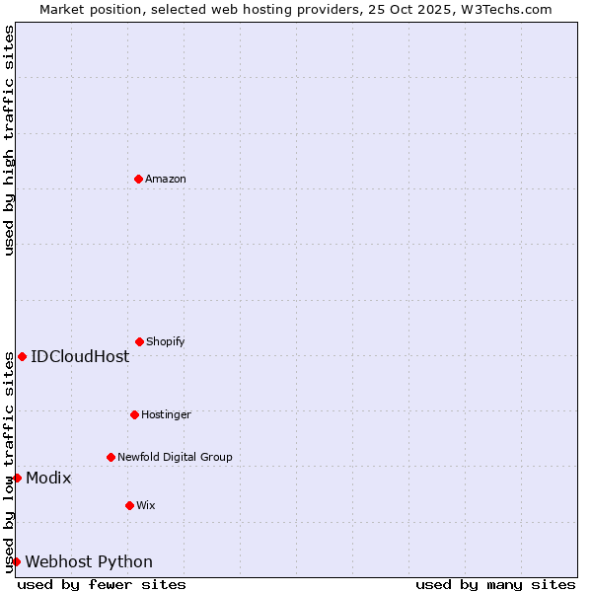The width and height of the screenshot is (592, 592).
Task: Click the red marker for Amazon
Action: (x=138, y=179)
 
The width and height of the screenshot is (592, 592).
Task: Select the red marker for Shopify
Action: (x=139, y=341)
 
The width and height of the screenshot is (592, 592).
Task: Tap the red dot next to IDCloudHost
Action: (x=22, y=356)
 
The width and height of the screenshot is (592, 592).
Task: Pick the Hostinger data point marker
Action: (x=134, y=414)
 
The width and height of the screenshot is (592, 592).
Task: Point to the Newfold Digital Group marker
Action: (x=111, y=457)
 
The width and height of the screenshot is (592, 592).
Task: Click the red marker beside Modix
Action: (x=17, y=478)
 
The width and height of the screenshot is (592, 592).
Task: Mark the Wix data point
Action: (x=129, y=505)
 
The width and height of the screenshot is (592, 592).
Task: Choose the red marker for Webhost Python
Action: (x=16, y=561)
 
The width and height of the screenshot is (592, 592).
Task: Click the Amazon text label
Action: (x=166, y=179)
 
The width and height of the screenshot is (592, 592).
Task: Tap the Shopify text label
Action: (x=166, y=341)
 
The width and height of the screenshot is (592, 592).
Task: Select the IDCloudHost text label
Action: (x=80, y=356)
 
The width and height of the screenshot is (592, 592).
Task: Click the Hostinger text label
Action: (x=166, y=414)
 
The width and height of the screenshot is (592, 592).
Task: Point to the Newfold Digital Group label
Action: (x=175, y=457)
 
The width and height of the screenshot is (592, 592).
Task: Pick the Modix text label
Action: (x=48, y=478)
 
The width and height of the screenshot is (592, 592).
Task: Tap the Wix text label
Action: (x=146, y=505)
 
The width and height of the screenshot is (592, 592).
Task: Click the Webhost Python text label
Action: (x=89, y=561)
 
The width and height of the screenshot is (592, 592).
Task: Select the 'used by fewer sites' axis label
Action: (x=102, y=584)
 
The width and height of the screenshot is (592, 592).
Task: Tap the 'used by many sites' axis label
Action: (x=495, y=584)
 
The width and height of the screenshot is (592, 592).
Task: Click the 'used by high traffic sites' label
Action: (x=9, y=140)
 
